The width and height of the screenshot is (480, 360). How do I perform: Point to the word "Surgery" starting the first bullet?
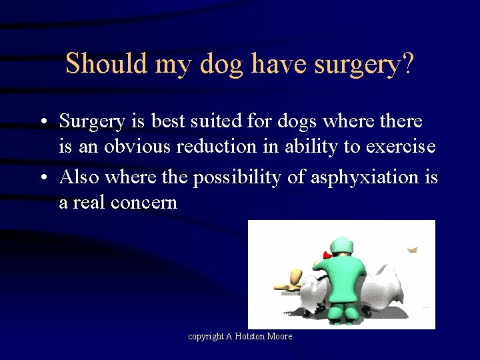pos(92,122)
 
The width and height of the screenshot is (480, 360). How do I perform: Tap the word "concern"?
pos(145,202)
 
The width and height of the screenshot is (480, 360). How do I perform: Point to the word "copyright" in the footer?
pos(206,337)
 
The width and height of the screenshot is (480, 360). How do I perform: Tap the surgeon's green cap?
pos(343,246)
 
